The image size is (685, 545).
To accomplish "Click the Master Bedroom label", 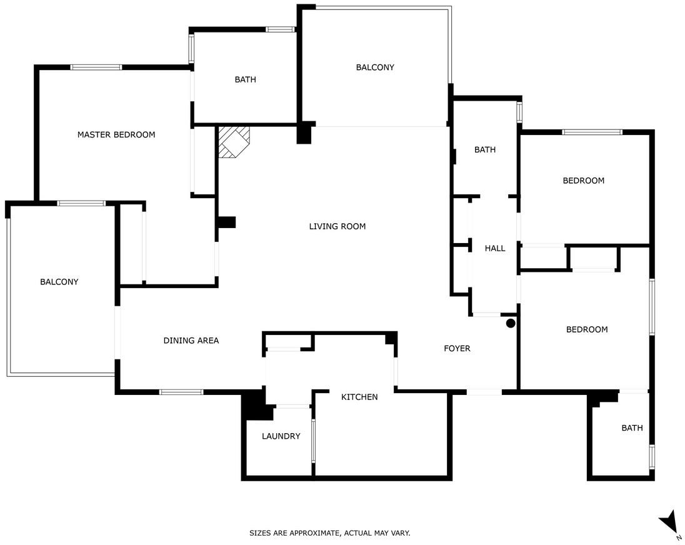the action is coord(116,134).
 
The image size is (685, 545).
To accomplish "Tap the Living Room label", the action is coord(337,226).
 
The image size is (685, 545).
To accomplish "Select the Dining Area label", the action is coord(191,341).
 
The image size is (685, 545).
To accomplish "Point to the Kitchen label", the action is coord(359,397).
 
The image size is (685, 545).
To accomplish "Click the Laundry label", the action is coord(281,436).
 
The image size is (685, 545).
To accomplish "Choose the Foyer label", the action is coord(457,349).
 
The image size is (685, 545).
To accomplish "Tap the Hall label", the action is coord(495,249).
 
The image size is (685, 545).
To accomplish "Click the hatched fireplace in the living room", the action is coord(234,141).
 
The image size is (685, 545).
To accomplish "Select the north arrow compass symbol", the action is coord(670,526).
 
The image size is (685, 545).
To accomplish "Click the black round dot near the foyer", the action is coord(510,324).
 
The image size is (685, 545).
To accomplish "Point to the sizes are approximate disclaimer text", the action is coord(330,533).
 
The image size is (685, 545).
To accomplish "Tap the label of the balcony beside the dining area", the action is coord(59,282).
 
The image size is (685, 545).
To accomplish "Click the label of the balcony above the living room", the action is coord(375,67).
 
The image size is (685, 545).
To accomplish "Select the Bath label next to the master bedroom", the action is coord(245,79).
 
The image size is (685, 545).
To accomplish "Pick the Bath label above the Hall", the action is coord(485,150).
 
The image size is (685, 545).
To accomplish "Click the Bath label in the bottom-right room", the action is coord(632,428).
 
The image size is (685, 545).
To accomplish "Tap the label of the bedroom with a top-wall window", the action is coord(583,181).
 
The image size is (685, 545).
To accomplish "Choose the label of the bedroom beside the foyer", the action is coord(587,330).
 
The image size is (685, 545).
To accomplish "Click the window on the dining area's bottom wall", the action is coord(181,392).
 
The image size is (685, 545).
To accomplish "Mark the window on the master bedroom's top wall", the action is coord(96,67).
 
